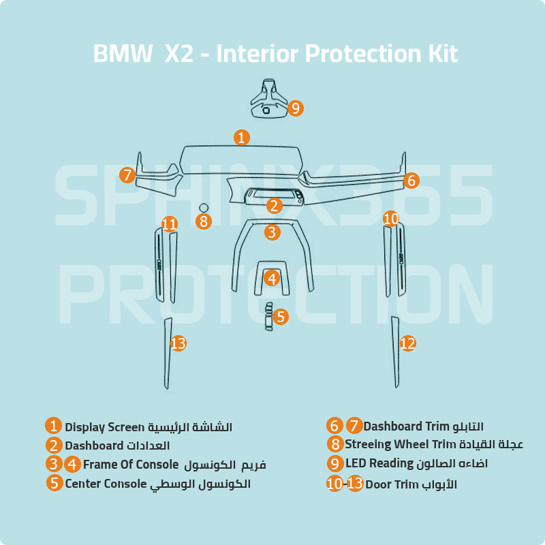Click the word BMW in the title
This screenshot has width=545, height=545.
click(x=122, y=54)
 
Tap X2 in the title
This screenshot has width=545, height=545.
click(x=179, y=54)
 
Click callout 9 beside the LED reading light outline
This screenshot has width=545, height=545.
click(x=295, y=108)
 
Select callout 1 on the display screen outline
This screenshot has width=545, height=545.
click(x=241, y=138)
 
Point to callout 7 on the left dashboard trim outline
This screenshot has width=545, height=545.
click(x=127, y=175)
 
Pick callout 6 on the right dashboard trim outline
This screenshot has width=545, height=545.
click(x=410, y=181)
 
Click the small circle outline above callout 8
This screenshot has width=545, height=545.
click(x=203, y=207)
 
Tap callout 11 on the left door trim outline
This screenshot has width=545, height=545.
click(x=170, y=223)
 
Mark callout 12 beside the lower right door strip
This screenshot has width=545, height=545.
click(x=407, y=343)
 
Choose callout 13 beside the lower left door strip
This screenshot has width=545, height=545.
click(x=178, y=343)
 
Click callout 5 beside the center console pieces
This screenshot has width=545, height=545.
click(x=281, y=317)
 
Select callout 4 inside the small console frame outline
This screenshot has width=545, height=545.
click(x=272, y=278)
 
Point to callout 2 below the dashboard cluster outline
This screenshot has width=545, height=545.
click(x=273, y=205)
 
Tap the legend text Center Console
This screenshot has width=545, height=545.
click(x=106, y=484)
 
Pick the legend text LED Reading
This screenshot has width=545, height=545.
click(x=379, y=464)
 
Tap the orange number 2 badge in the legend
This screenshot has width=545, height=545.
click(x=54, y=446)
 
